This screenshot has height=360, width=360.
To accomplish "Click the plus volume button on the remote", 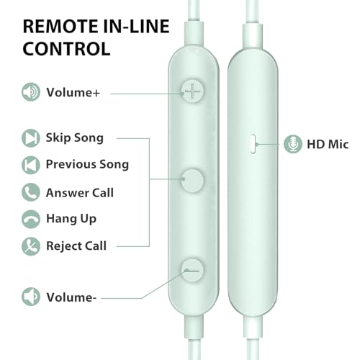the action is [x=192, y=91].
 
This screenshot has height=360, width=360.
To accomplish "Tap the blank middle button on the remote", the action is [x=192, y=181].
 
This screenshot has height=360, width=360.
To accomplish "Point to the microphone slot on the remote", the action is [x=253, y=144].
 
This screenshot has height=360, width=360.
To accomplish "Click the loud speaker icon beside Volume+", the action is [x=31, y=92].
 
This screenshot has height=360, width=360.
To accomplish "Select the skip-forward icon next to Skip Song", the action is [x=31, y=138].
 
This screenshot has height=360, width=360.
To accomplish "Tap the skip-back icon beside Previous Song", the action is [x=31, y=165].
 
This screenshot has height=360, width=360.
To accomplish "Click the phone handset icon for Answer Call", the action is [x=31, y=192].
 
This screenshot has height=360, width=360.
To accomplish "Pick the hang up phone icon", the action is [x=31, y=219].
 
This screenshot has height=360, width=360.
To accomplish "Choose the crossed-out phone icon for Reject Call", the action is [x=31, y=246].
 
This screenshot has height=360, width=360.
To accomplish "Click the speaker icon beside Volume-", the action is [x=31, y=297].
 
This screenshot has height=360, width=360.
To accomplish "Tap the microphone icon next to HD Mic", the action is [x=293, y=144].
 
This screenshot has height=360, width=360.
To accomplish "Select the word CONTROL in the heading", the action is [x=66, y=49].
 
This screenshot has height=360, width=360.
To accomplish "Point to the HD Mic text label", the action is [x=328, y=144].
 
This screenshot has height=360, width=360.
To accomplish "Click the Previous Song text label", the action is [x=87, y=164].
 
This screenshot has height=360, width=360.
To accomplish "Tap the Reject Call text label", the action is [x=76, y=246].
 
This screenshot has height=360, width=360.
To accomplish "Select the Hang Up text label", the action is [x=71, y=219].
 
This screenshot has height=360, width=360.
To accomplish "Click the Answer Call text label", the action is [x=80, y=192].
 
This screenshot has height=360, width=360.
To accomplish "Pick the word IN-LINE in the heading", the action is [x=136, y=26].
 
